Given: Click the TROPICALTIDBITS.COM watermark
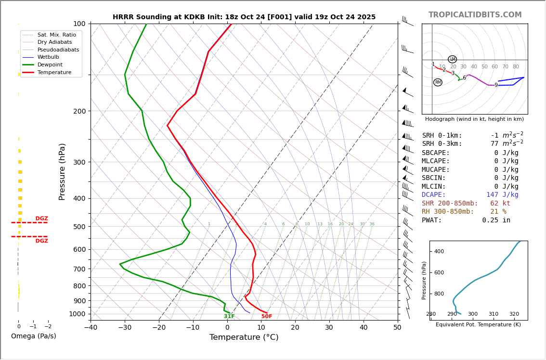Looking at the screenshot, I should click(475, 15).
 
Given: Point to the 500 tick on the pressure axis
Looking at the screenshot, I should click(79, 227).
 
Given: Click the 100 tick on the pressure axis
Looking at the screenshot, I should click(79, 24).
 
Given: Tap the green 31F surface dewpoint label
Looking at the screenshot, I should click(229, 316).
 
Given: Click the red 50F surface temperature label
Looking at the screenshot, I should click(267, 316).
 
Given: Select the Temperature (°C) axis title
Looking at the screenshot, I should click(244, 338).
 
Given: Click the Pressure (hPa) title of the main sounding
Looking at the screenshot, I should click(63, 171).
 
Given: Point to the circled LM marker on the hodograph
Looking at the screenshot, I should click(452, 59).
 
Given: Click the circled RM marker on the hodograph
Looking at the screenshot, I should click(438, 82).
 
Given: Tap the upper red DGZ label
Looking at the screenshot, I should click(41, 219).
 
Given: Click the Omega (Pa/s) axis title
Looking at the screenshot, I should click(33, 336).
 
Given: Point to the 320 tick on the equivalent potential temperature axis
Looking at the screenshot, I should click(514, 314).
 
